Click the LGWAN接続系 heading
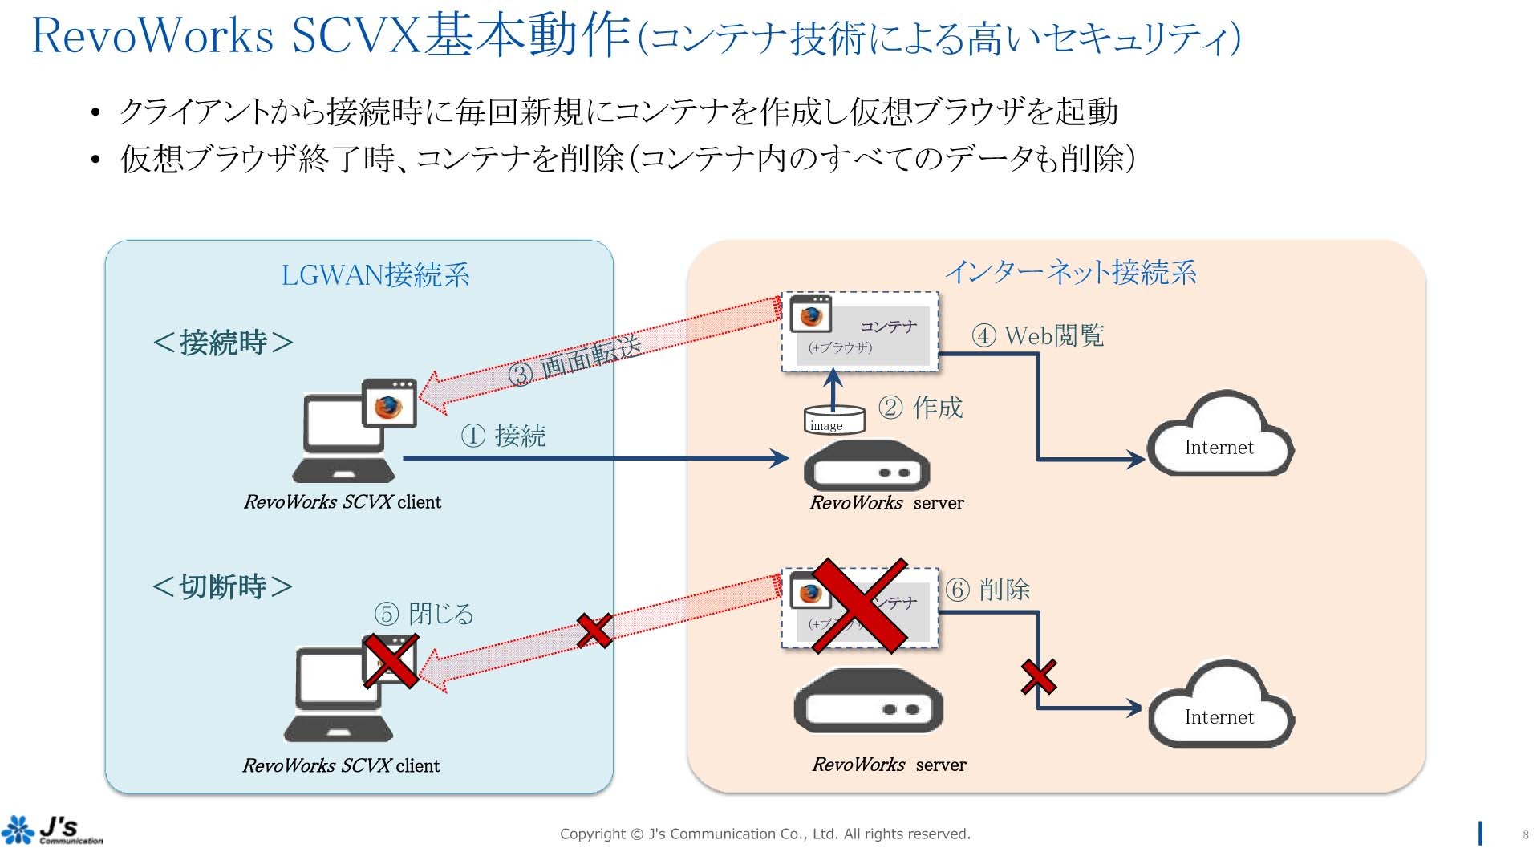375,275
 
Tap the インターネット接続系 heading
1071,273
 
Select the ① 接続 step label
503,436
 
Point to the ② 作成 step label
921,408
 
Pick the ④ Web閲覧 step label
1038,335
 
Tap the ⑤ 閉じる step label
424,614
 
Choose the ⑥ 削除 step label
987,590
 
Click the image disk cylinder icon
834,420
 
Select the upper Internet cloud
1219,437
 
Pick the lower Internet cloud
1219,707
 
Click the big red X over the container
860,606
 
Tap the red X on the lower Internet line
1039,676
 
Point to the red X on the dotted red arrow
594,631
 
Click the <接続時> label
223,343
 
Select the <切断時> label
222,586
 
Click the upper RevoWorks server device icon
866,465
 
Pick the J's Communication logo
53,830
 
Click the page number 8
1525,835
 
